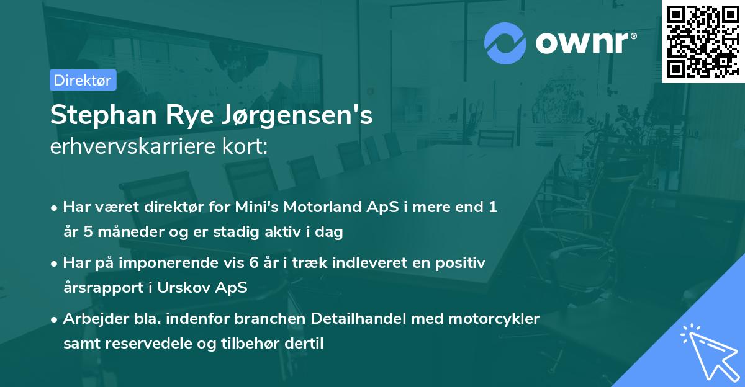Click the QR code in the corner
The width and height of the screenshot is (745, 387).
[x=703, y=41]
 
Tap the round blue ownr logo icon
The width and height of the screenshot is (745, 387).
[x=505, y=43]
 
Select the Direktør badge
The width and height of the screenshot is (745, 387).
[x=83, y=81]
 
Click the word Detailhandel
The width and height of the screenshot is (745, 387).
[x=345, y=319]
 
